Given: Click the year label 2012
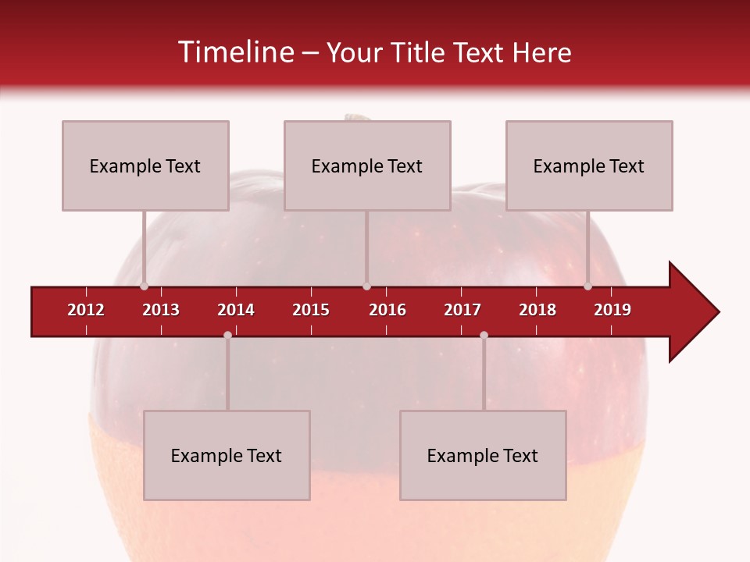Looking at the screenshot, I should coord(86,310).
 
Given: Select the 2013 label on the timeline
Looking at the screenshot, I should coord(161,310).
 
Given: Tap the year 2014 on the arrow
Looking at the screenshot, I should coord(236,310).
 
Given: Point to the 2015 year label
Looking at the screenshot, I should coord(311,310).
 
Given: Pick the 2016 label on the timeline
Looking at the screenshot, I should coord(387,310).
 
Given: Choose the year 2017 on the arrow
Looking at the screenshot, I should coord(462,310).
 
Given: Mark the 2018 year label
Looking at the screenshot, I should coord(537,310).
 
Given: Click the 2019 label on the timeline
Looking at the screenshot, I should coord(612,310).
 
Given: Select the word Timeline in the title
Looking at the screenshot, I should coord(236,52).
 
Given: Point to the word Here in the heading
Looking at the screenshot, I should coord(541,52).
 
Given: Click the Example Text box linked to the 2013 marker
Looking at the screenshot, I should coord(145,165).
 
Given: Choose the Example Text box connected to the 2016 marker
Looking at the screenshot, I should coord(367,165).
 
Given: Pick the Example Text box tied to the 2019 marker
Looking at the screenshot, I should coord(589,165).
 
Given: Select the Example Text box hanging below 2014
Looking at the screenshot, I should coord(227,455).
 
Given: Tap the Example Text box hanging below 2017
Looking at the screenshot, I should coord(483,455).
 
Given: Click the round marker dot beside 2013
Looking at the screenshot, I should coord(144,286).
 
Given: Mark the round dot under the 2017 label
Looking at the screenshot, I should coord(484,335).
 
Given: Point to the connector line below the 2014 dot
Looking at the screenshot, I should coord(227,375).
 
